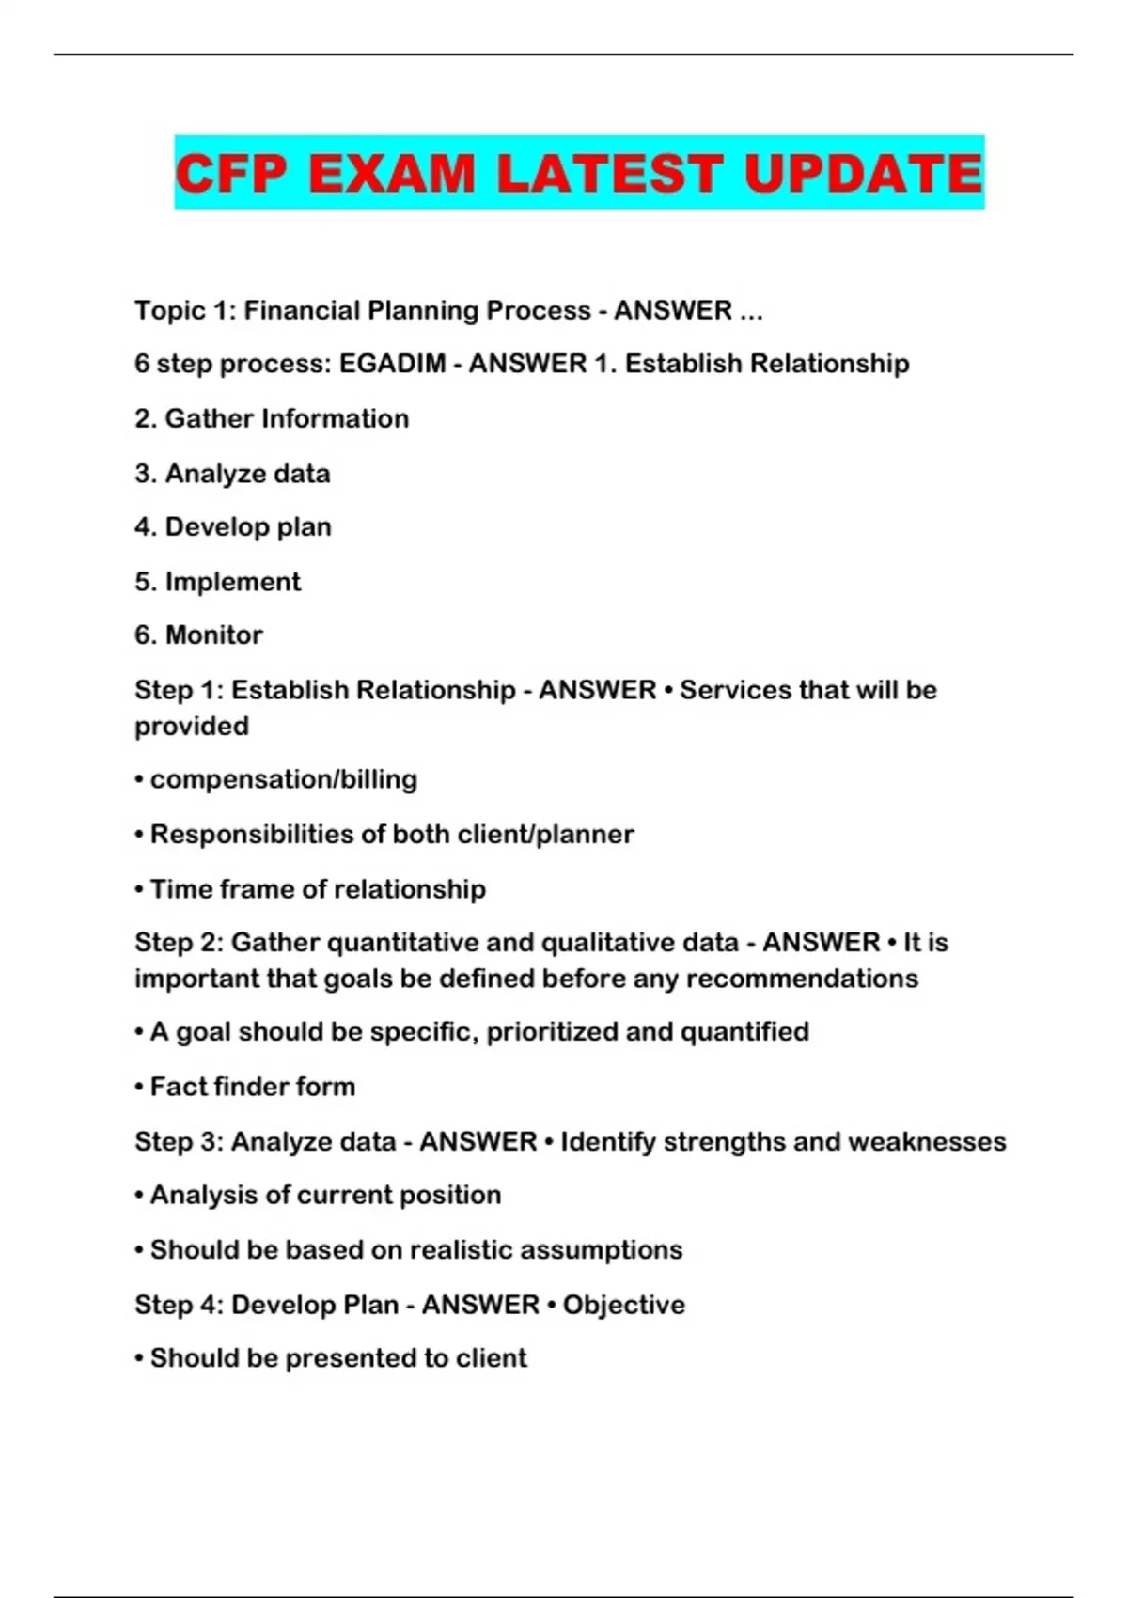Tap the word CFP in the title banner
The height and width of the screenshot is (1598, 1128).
pyautogui.click(x=231, y=174)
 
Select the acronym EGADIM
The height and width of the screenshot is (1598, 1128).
pyautogui.click(x=392, y=364)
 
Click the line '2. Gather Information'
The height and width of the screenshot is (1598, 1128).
pyautogui.click(x=272, y=418)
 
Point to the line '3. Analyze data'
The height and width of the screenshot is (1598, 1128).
pyautogui.click(x=232, y=473)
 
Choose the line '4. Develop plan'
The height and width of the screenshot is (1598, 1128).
pyautogui.click(x=233, y=526)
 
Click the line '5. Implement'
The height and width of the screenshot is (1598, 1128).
pyautogui.click(x=217, y=581)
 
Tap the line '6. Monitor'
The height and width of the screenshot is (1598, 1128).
pyautogui.click(x=198, y=634)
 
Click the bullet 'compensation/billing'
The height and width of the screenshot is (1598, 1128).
pyautogui.click(x=283, y=779)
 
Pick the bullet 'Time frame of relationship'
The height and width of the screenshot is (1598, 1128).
pyautogui.click(x=318, y=888)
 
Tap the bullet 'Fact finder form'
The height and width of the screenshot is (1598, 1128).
pyautogui.click(x=252, y=1086)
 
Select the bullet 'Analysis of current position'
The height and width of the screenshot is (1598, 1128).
pyautogui.click(x=325, y=1195)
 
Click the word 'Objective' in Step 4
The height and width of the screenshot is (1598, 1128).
pyautogui.click(x=624, y=1305)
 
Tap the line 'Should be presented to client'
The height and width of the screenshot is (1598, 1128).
pyautogui.click(x=338, y=1357)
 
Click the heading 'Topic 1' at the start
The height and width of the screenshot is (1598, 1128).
pyautogui.click(x=185, y=310)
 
